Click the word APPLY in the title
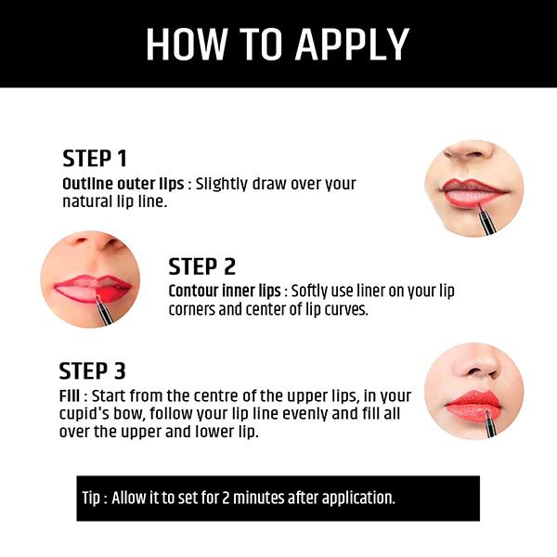(352, 45)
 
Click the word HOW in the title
(188, 45)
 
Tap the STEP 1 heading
(95, 159)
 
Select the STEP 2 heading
(201, 266)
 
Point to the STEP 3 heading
(92, 370)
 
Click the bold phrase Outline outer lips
(123, 184)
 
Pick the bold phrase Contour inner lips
(225, 291)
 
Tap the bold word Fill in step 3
(70, 396)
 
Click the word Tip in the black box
(91, 498)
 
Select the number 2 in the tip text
(226, 498)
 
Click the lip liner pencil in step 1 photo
(486, 219)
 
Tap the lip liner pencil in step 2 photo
(104, 311)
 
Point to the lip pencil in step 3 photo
(489, 424)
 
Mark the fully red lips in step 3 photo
(473, 406)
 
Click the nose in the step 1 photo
(469, 149)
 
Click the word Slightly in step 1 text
(221, 185)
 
